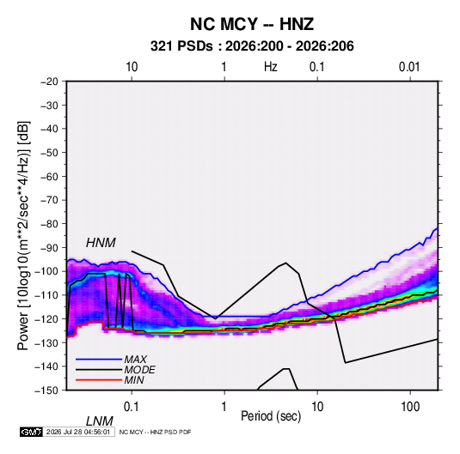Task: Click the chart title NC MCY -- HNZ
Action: (x=252, y=24)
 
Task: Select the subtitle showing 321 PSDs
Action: (x=252, y=46)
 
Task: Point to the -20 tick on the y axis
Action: (x=49, y=82)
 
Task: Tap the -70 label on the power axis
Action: (x=49, y=200)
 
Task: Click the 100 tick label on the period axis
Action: (x=410, y=407)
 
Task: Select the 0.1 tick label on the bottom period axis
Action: (x=131, y=407)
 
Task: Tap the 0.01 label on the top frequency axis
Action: (x=409, y=67)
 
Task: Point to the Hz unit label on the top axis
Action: (x=271, y=67)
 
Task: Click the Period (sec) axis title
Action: (x=271, y=416)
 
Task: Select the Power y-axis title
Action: (x=23, y=236)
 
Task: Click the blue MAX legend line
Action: (x=99, y=359)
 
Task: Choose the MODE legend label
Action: (x=139, y=370)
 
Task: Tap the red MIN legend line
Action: (x=99, y=380)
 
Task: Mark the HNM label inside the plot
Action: (x=101, y=243)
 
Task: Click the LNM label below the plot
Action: (x=100, y=421)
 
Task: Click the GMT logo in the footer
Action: (x=32, y=432)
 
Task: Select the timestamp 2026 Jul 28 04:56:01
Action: (x=78, y=432)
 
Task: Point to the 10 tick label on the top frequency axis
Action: (x=132, y=67)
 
